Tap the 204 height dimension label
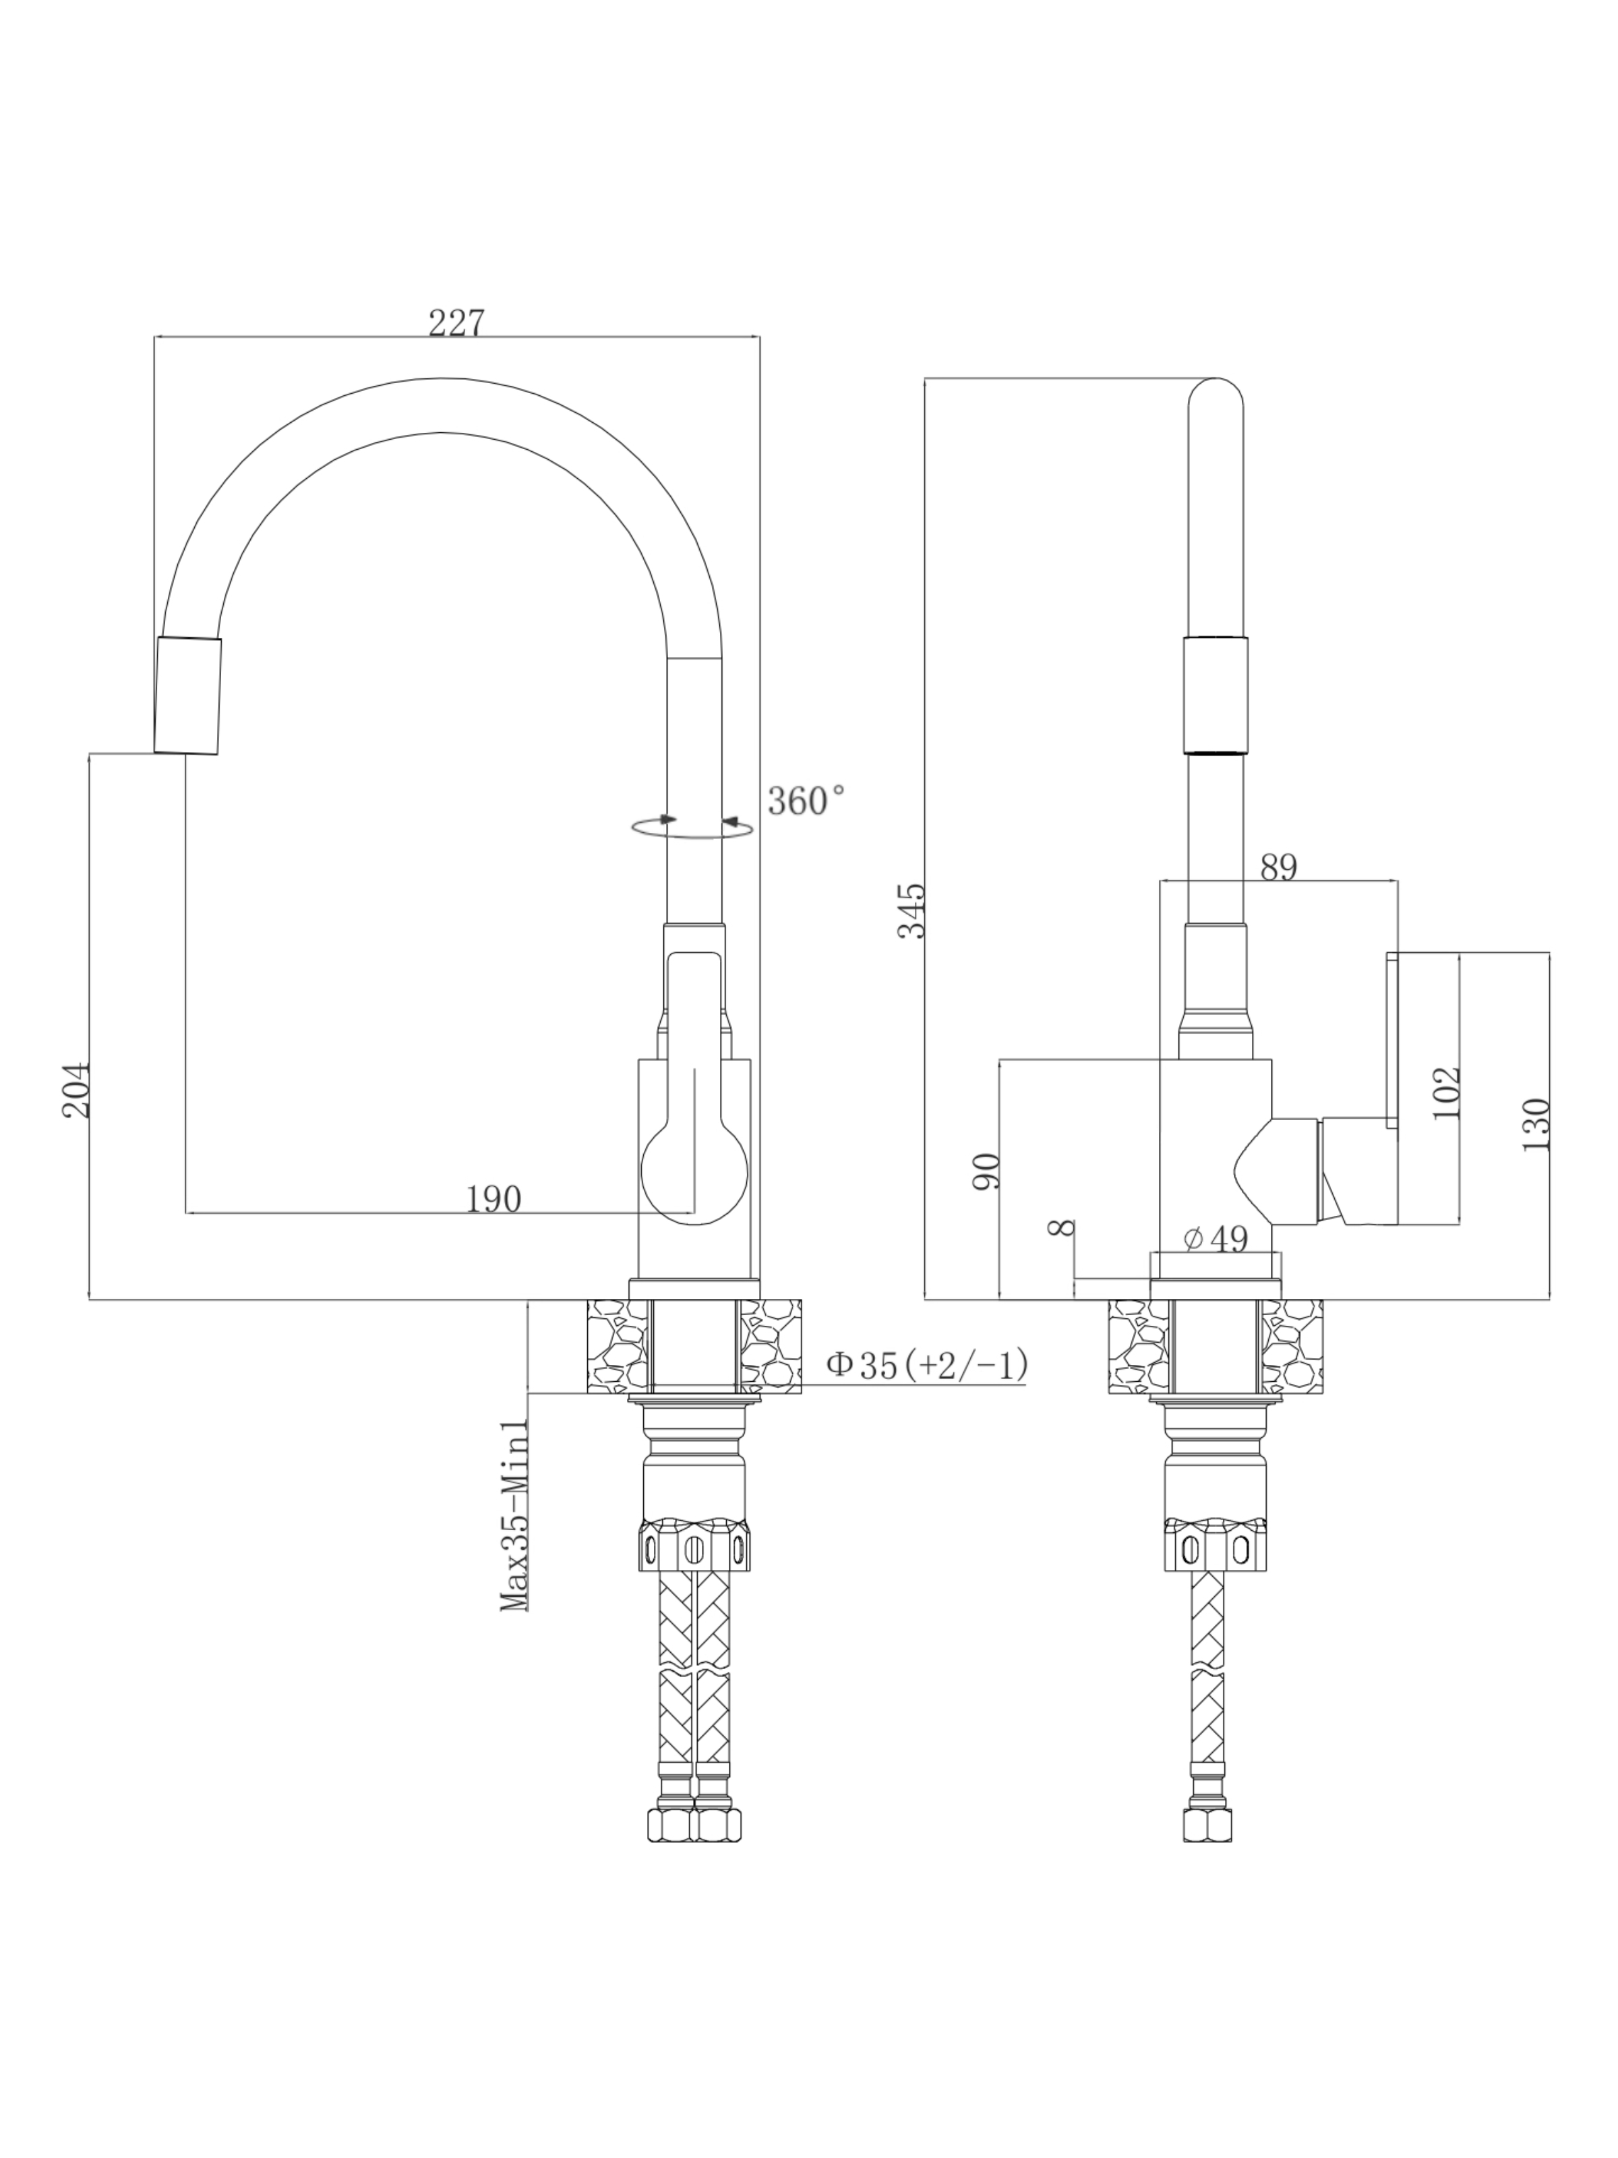click(75, 1090)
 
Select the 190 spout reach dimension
click(493, 1199)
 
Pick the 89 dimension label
click(1279, 867)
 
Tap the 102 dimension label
click(1446, 1092)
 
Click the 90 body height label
click(986, 1171)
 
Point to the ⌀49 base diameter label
click(1216, 1239)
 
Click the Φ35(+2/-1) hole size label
click(926, 1365)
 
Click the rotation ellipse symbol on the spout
click(692, 828)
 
